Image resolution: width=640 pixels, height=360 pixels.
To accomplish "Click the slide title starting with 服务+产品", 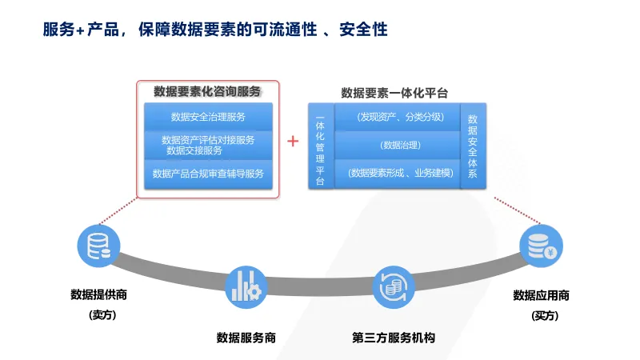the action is click(x=215, y=30).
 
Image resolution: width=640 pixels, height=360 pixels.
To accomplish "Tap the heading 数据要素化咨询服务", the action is click(x=207, y=91).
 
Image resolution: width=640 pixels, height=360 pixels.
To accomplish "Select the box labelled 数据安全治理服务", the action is click(x=208, y=117).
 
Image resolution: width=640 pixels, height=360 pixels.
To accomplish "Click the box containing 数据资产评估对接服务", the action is click(x=208, y=146).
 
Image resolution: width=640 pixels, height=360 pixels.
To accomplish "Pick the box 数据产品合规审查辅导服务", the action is click(x=208, y=174).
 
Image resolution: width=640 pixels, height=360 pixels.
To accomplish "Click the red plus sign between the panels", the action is click(x=293, y=142).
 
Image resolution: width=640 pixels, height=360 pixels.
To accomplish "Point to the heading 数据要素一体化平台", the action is click(x=394, y=93).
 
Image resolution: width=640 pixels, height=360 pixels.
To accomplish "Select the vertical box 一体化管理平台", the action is click(x=321, y=146).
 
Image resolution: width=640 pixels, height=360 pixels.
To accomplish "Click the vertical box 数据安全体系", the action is click(x=473, y=146).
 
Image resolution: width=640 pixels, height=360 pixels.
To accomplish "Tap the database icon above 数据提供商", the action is click(x=98, y=246).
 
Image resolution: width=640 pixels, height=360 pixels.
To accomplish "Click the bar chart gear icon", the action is click(x=246, y=287).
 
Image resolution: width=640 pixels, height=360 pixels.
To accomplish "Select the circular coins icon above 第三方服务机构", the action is click(x=394, y=287).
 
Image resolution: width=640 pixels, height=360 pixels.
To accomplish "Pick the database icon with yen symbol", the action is click(x=542, y=246).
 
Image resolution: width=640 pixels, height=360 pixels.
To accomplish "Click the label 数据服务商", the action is click(x=246, y=338).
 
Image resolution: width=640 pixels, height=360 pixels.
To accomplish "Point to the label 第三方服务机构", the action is click(x=394, y=338).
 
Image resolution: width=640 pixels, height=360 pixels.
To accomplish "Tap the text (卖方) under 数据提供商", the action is click(x=102, y=314).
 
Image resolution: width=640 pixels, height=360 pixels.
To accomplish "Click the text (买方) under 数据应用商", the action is click(x=545, y=315).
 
